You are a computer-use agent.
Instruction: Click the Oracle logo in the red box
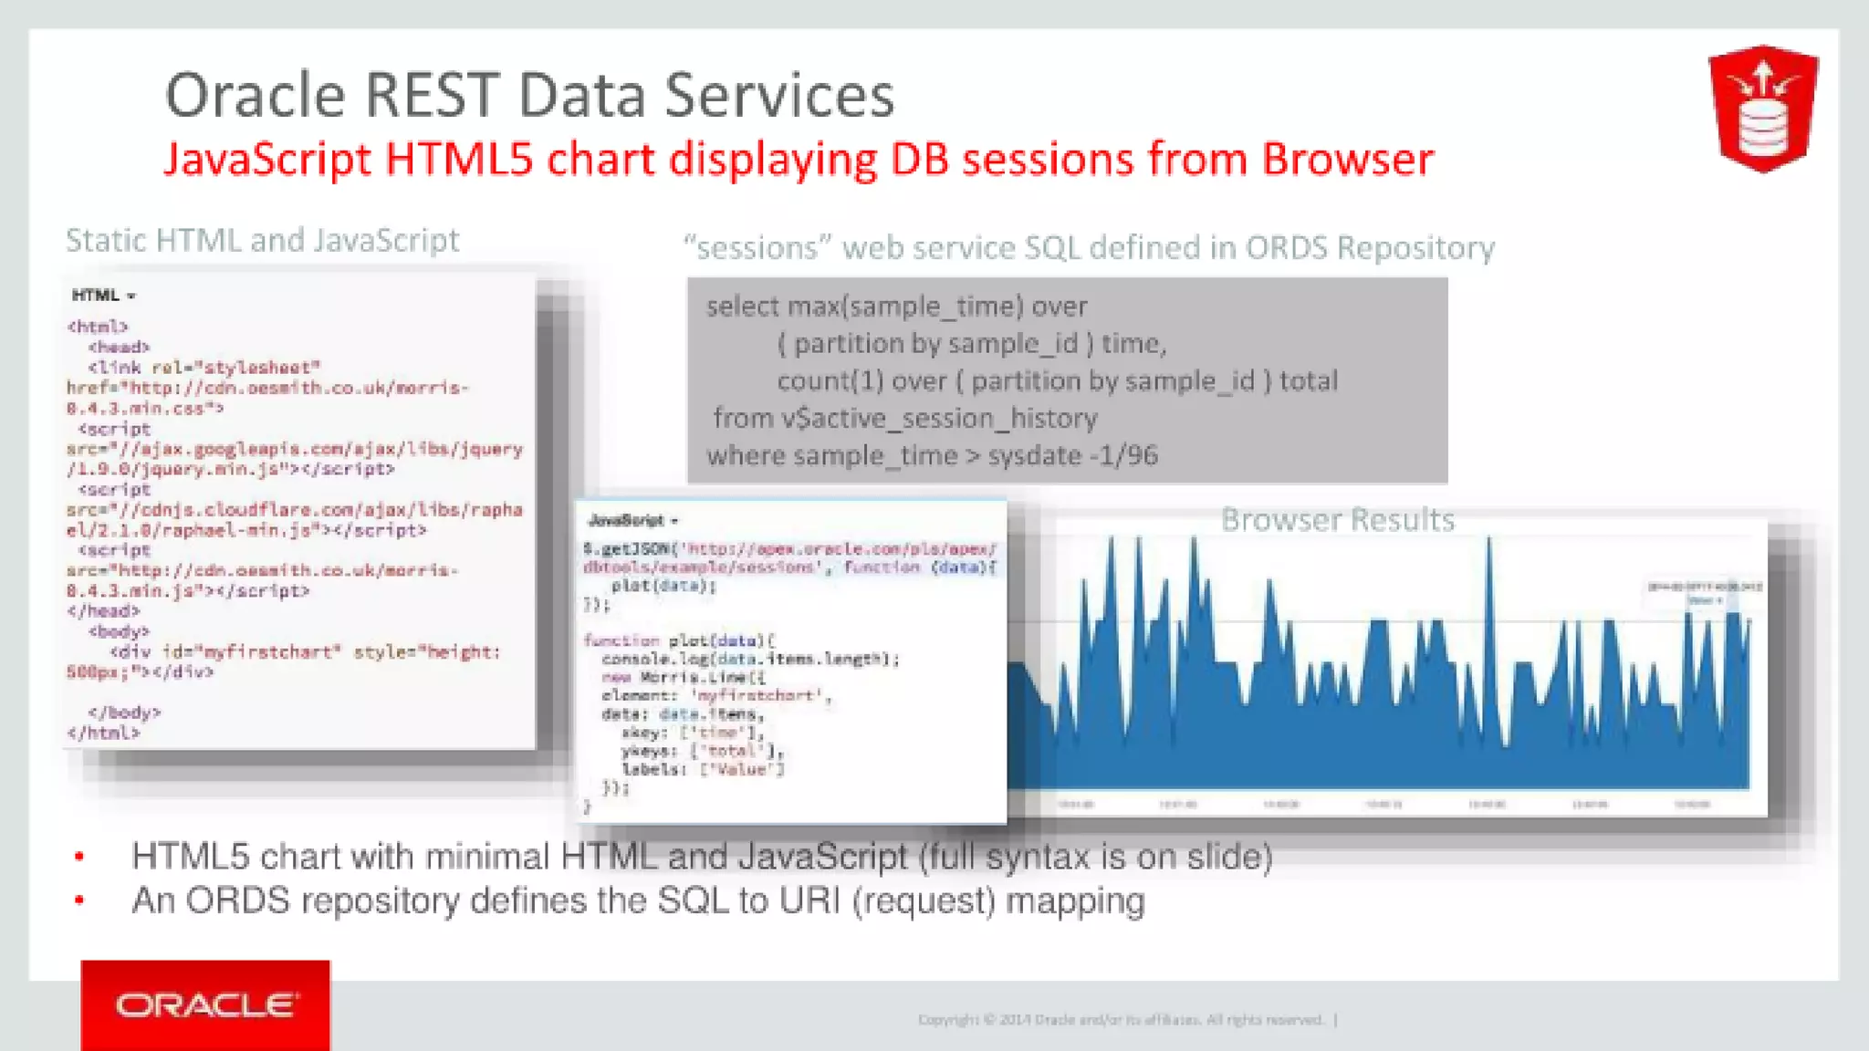point(205,1005)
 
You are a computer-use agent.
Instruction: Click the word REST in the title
point(432,95)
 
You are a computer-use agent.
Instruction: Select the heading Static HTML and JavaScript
point(262,240)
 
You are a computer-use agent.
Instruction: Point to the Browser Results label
point(1337,519)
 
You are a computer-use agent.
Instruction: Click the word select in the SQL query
point(742,307)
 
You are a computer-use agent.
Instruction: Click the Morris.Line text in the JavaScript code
point(701,677)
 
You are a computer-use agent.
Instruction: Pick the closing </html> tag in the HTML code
point(103,733)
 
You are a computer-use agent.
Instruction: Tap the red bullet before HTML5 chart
point(79,856)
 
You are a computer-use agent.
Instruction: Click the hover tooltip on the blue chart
point(1704,593)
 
